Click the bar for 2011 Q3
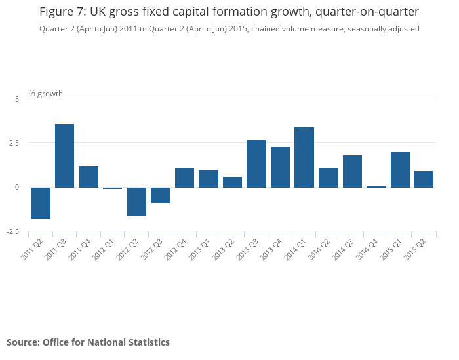(64, 155)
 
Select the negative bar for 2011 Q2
(41, 203)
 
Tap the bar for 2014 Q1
(304, 157)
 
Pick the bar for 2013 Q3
(256, 163)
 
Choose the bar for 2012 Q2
(136, 201)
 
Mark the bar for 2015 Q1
(400, 170)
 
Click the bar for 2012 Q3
(161, 195)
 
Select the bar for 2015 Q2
(424, 179)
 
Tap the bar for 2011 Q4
(89, 176)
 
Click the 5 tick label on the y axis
(17, 98)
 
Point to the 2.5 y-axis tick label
(14, 143)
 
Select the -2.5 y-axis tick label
(14, 232)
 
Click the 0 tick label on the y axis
(17, 188)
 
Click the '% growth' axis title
(46, 94)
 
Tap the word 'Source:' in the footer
(23, 342)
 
